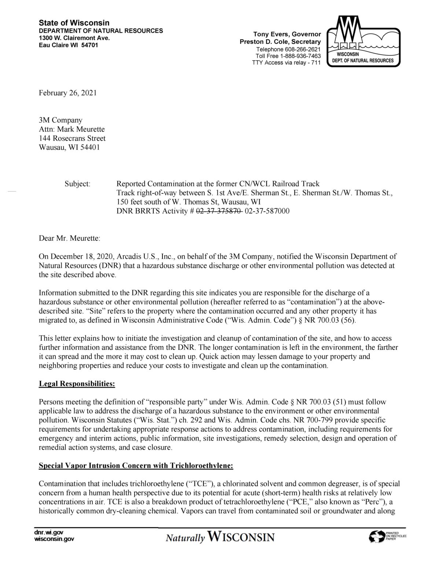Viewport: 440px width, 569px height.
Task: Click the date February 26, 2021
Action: [68, 93]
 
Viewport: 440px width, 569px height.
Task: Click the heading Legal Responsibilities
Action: [77, 384]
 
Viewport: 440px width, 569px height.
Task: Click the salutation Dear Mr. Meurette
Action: [69, 238]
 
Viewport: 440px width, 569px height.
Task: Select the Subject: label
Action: [77, 184]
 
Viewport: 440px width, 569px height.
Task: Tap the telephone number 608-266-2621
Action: [302, 49]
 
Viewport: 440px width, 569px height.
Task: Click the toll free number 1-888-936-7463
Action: [298, 56]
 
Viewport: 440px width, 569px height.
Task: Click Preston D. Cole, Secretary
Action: [280, 42]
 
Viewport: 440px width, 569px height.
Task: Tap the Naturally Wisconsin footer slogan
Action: [220, 537]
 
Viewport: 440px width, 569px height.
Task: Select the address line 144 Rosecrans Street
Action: [72, 138]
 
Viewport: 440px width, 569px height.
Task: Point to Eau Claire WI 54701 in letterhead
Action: [69, 45]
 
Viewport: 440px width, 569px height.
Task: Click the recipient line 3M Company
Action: [60, 120]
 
